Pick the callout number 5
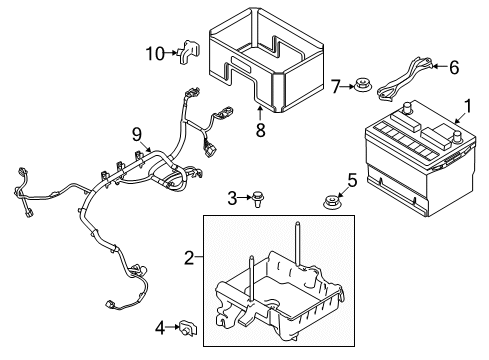(x=352, y=180)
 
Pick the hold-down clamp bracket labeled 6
(x=405, y=73)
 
